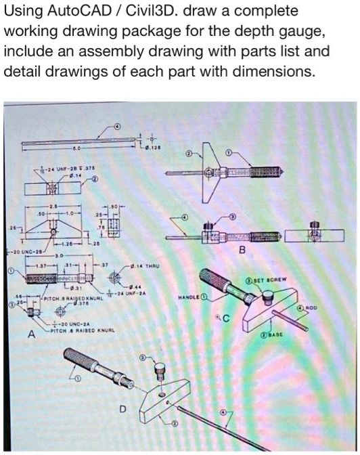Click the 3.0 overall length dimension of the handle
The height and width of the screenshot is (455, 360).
point(59,257)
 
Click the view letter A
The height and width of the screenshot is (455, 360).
point(30,334)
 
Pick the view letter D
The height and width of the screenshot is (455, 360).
point(122,408)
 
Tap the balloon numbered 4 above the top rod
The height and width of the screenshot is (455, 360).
point(117,126)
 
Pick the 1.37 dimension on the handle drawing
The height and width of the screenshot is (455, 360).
point(42,265)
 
